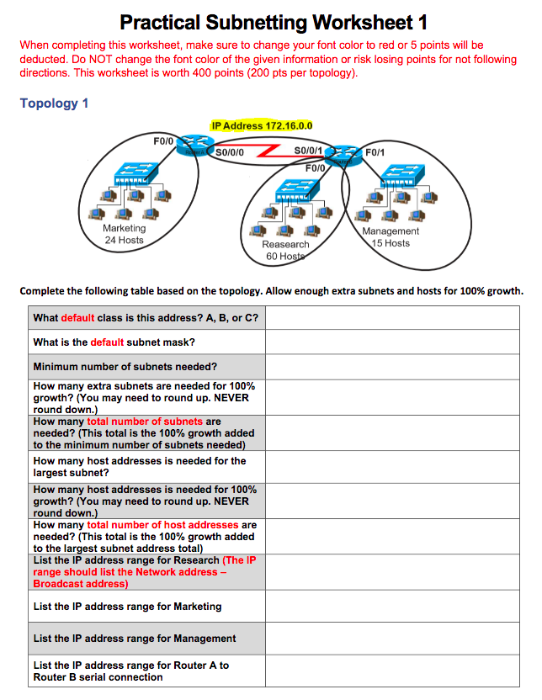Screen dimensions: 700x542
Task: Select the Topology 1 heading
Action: tap(54, 103)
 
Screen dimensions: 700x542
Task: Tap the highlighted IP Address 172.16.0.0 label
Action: tap(262, 126)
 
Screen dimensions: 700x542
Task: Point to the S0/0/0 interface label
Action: tap(230, 153)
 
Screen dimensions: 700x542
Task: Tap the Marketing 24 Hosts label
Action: tap(124, 234)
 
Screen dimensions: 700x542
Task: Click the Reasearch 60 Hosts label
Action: tap(286, 250)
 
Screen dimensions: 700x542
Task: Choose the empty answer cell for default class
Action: tap(392, 318)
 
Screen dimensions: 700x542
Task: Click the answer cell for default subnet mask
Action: tap(392, 342)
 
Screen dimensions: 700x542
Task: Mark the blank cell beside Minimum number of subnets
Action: tap(392, 367)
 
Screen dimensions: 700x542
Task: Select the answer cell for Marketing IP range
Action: tap(392, 607)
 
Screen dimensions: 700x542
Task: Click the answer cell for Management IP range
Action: tap(392, 639)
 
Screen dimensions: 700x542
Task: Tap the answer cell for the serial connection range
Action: tap(392, 671)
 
